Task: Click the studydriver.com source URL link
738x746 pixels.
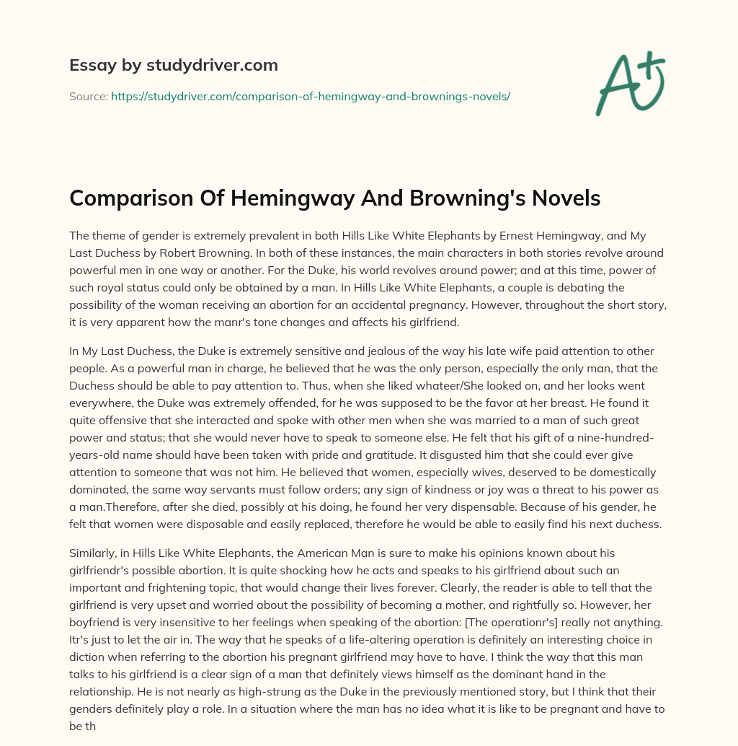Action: click(311, 96)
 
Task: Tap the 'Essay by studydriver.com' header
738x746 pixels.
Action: click(174, 65)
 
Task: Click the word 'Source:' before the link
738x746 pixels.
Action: click(88, 96)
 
